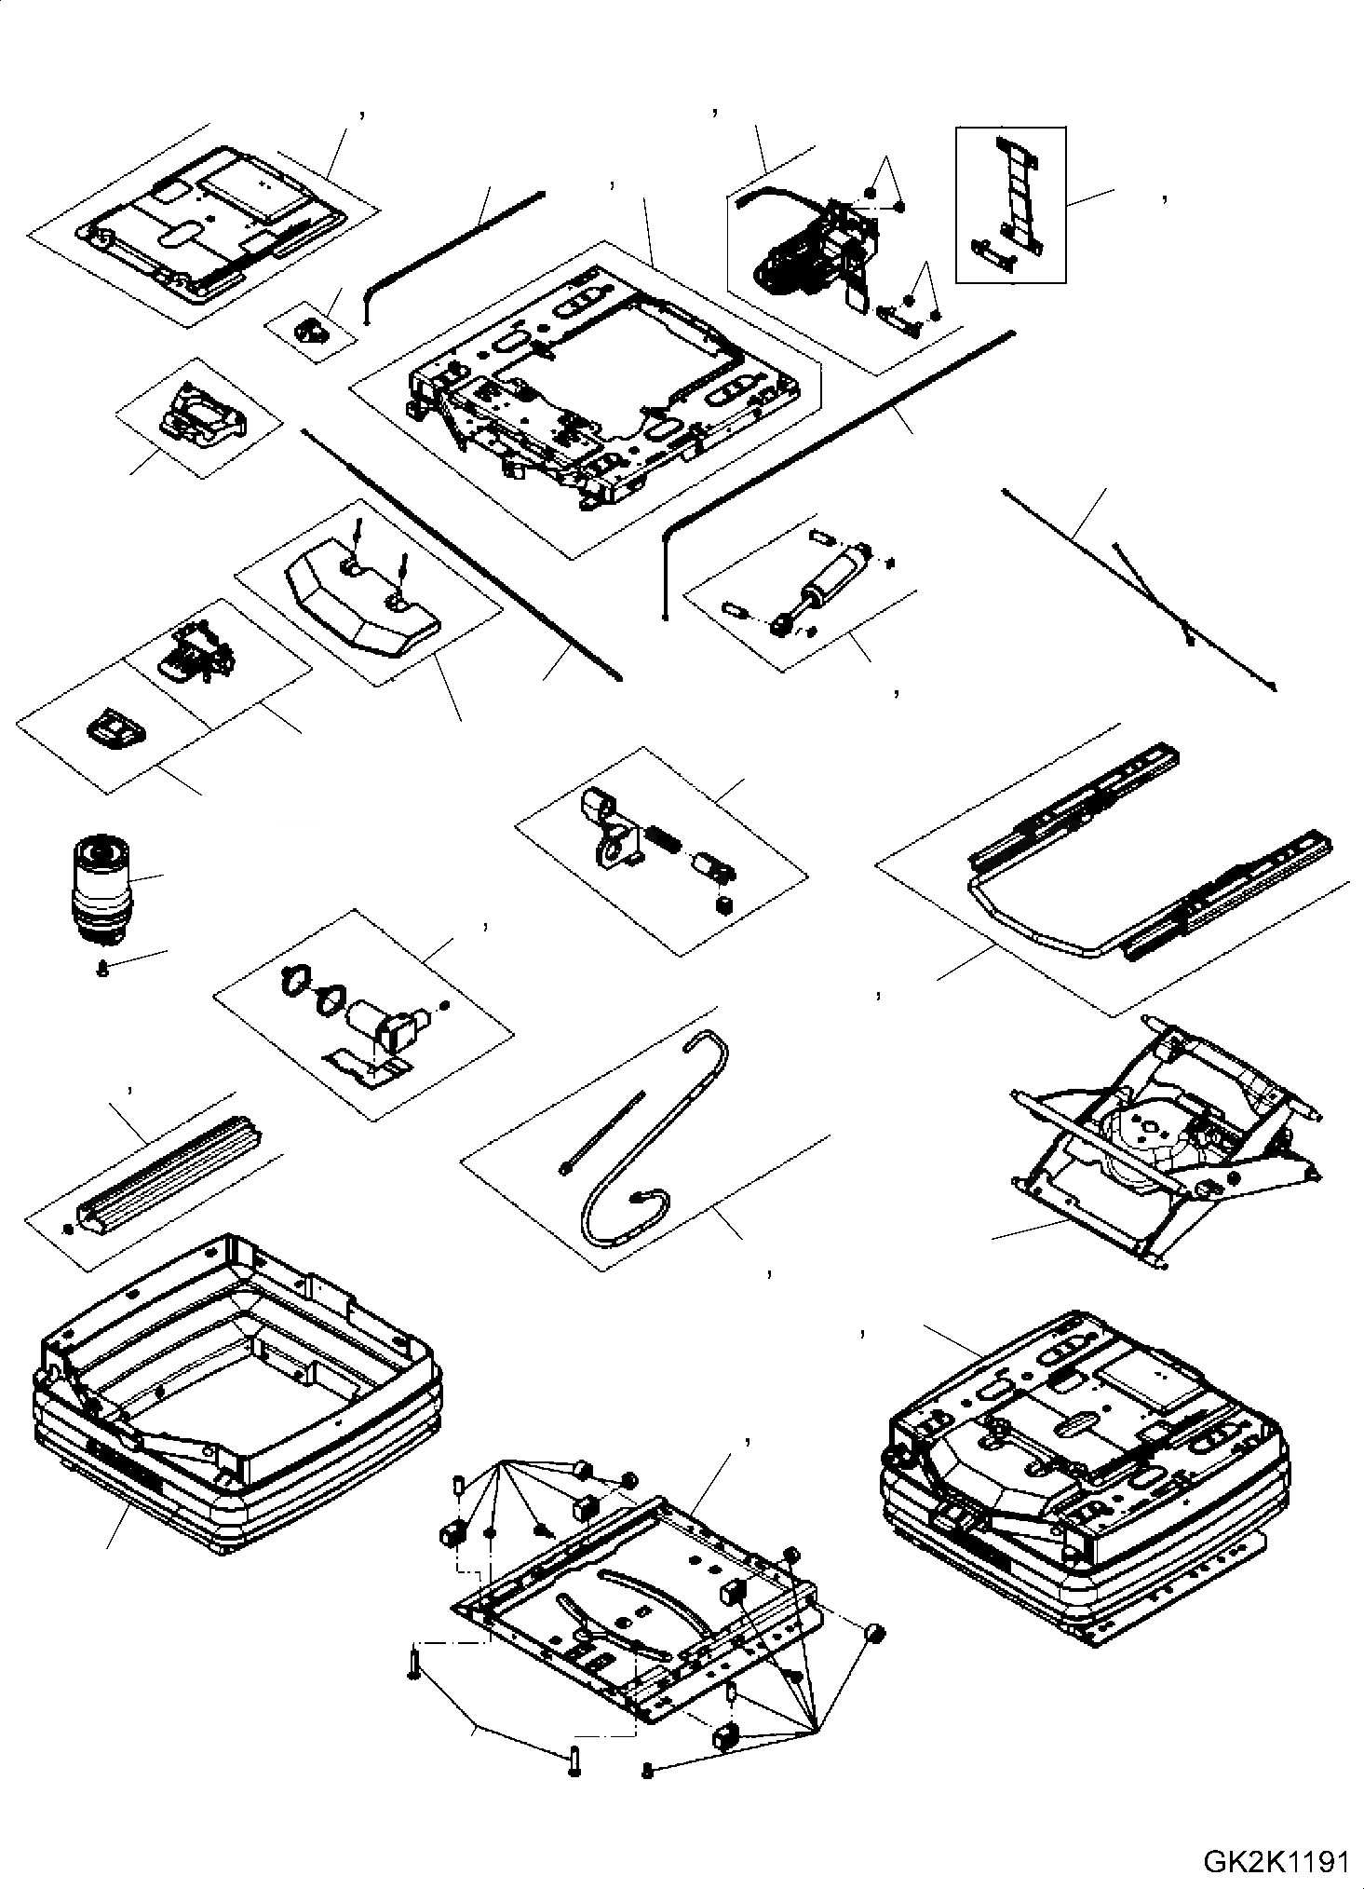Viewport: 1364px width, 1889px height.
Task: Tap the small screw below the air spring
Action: click(x=101, y=971)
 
